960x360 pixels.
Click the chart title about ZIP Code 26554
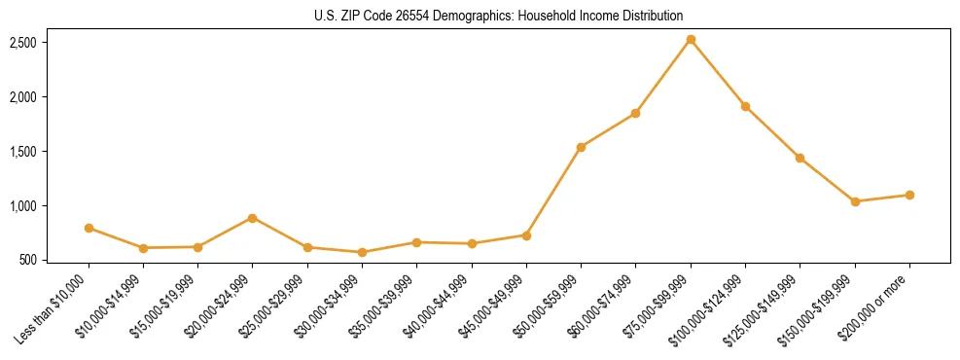coord(499,16)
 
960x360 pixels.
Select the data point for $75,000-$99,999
coord(691,40)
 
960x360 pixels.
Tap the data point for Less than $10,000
coord(89,228)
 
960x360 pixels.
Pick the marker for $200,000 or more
coord(909,195)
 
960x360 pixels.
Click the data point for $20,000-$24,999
coord(253,218)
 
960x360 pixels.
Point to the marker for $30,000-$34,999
coord(362,252)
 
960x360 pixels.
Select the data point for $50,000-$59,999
coord(581,147)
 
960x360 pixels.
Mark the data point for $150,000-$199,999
coord(855,201)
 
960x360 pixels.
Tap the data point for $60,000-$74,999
coord(635,113)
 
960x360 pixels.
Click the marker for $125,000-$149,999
coord(800,158)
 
